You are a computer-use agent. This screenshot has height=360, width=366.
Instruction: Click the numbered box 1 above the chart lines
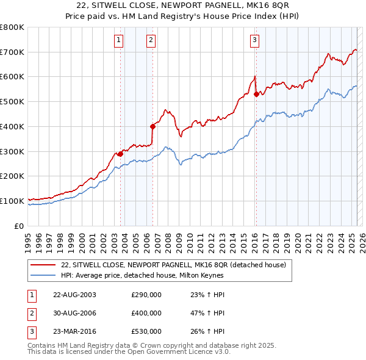[x=118, y=41]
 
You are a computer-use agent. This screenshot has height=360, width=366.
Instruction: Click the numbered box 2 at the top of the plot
[x=151, y=41]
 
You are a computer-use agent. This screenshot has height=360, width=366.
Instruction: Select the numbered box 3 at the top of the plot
[x=254, y=41]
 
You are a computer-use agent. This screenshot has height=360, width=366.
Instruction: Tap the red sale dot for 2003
[x=120, y=154]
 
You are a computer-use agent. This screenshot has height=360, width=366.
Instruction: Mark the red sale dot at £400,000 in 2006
[x=153, y=126]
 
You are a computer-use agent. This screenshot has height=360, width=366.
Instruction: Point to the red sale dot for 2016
[x=256, y=94]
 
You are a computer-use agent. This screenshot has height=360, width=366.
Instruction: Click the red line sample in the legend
[x=45, y=264]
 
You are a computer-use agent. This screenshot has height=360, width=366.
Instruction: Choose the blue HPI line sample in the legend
[x=45, y=275]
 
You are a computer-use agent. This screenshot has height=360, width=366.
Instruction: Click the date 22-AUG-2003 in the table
[x=75, y=295]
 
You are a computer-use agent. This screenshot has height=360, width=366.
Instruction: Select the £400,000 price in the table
[x=146, y=313]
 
